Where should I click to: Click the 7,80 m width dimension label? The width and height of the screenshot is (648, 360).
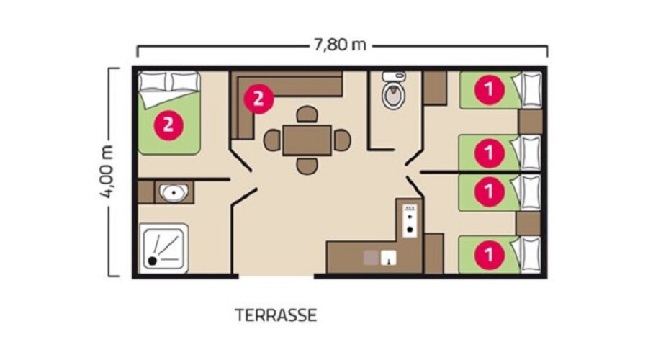point(340,45)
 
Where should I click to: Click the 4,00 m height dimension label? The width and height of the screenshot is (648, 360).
point(107,172)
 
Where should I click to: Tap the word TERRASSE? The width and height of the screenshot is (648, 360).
point(276,315)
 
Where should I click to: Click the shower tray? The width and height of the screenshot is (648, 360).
point(164,248)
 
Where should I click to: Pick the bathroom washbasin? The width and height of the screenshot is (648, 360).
point(174,192)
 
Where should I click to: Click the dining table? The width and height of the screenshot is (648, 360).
point(307,140)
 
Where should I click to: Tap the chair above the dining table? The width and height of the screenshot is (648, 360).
point(307,114)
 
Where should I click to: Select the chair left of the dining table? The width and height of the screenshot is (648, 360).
point(272,140)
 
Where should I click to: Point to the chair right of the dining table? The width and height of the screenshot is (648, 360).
point(342,140)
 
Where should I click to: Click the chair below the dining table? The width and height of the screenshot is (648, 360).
point(307,166)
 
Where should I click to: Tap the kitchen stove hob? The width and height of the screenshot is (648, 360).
point(410,220)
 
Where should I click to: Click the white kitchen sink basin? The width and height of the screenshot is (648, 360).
point(389,258)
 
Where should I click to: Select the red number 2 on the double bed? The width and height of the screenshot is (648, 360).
point(168,125)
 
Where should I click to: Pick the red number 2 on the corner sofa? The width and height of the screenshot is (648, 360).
point(258,99)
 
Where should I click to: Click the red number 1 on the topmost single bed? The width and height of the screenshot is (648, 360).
point(490,89)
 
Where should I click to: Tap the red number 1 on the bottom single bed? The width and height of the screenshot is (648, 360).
point(490,255)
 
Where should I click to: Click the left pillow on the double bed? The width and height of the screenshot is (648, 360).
point(152,81)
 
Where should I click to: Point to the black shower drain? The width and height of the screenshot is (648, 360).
point(153,261)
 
